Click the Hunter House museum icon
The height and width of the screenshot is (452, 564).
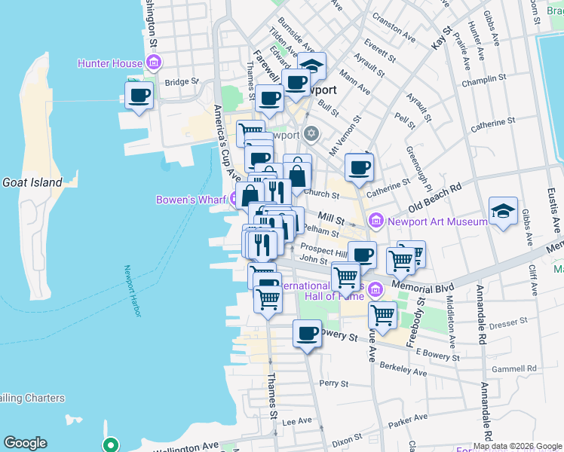point(155,63)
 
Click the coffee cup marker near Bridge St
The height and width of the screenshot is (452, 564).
point(139,96)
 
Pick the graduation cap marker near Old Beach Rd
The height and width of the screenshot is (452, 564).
point(503,212)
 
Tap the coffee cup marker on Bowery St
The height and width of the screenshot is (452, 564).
point(307,334)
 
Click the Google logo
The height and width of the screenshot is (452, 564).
point(25,443)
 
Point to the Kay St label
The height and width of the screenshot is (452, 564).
point(442,39)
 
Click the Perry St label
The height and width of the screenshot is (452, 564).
point(333,383)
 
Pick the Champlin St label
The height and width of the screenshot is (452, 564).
point(486,79)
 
